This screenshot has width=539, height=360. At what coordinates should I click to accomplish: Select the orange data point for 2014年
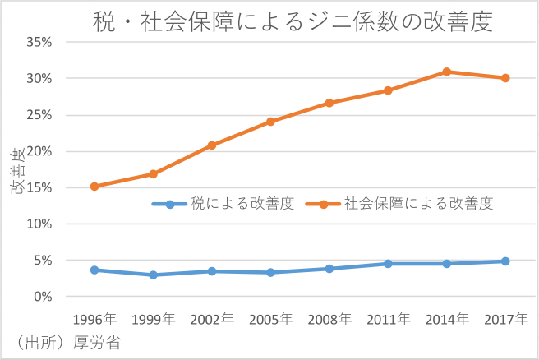(x=446, y=72)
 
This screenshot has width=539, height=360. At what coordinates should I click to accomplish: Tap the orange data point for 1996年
(x=94, y=187)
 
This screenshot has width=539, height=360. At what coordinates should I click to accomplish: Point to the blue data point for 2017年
(x=505, y=261)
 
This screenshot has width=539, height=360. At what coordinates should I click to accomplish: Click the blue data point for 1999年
(x=153, y=275)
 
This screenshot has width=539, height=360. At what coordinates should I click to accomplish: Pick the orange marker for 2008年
(x=329, y=103)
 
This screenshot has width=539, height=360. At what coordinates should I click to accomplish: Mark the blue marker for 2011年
(x=388, y=264)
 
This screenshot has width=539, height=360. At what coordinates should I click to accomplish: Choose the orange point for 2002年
(x=212, y=145)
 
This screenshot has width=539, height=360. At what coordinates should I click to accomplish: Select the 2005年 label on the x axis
(x=270, y=319)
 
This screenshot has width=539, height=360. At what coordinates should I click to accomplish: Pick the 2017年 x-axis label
(x=505, y=319)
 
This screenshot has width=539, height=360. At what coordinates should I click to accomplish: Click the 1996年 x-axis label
(x=94, y=319)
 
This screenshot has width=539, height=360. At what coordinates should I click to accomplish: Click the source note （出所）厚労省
(x=62, y=344)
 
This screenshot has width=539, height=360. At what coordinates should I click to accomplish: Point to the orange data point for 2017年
(x=505, y=78)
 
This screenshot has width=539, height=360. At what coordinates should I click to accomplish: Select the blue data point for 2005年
(x=270, y=272)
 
